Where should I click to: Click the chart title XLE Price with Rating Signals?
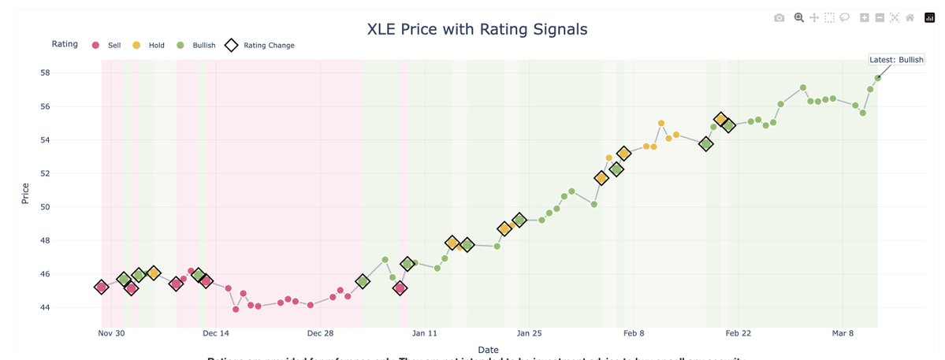478,30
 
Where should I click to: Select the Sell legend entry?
107,46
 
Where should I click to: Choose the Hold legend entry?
150,46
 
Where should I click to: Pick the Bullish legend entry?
197,46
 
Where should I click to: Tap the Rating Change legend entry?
260,46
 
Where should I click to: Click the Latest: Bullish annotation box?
896,60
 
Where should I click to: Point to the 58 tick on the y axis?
45,72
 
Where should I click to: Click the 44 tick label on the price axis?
45,307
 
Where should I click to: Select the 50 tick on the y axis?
45,207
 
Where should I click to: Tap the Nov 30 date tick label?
111,333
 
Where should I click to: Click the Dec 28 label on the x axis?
321,333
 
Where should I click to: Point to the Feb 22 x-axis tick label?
739,333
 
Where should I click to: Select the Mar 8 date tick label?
843,333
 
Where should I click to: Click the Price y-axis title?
25,193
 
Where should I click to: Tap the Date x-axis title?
488,349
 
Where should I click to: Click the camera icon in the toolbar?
779,17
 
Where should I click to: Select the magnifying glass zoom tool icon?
798,17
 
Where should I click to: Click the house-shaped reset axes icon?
909,17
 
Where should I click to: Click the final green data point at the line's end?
877,77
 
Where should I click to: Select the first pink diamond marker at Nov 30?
101,288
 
